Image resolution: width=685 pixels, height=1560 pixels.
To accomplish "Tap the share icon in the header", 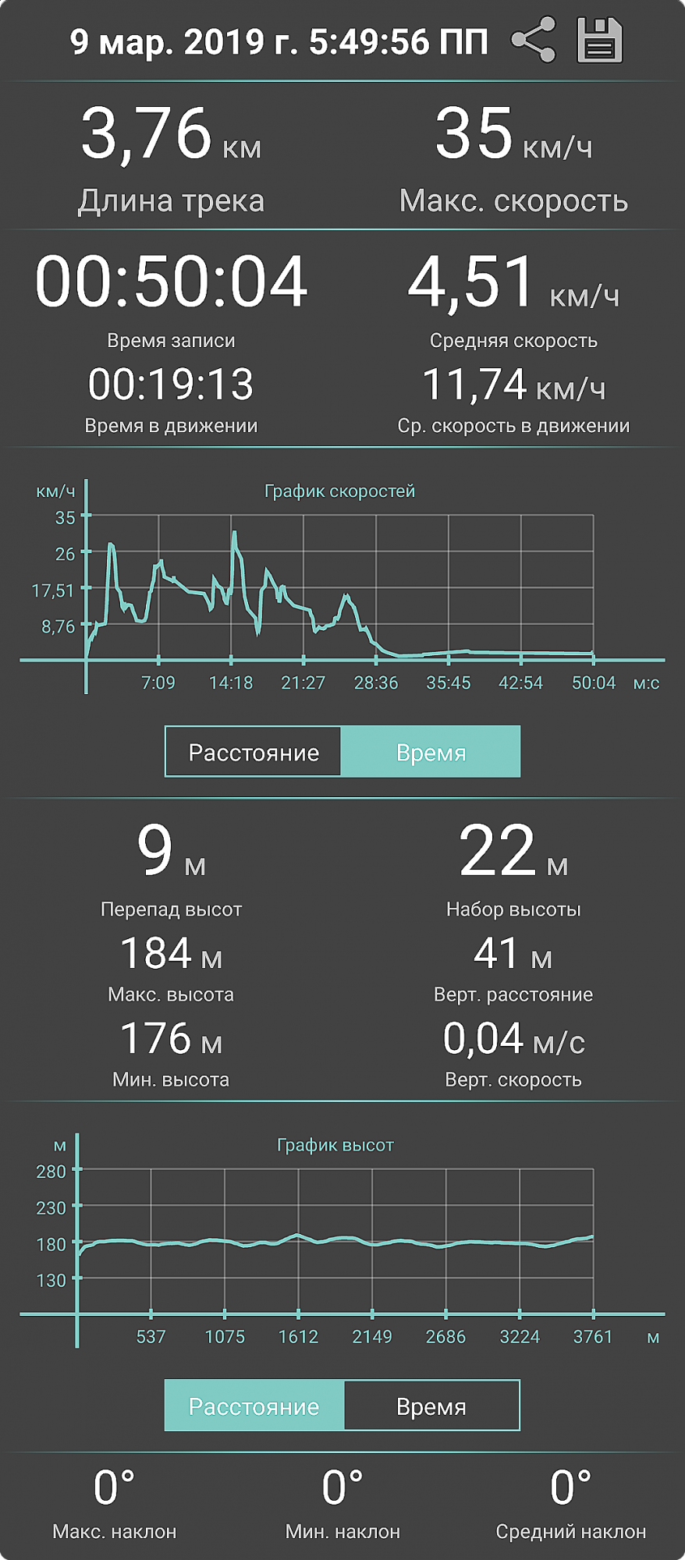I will [x=534, y=40].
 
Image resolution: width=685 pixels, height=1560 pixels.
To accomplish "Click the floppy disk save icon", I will [x=599, y=40].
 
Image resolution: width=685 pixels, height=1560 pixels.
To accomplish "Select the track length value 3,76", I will [x=147, y=133].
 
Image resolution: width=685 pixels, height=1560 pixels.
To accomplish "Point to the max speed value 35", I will [x=474, y=133].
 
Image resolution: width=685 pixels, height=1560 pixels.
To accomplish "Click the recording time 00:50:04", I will [x=171, y=282].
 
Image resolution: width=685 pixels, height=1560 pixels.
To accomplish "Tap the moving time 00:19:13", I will [x=171, y=385].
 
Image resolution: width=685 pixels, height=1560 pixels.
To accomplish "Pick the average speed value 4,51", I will [x=471, y=282].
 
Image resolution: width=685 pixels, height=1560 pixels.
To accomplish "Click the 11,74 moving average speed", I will [x=474, y=385].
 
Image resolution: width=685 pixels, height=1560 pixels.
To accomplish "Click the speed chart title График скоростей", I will [x=339, y=491].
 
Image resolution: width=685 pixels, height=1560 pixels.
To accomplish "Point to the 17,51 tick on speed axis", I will [x=53, y=590].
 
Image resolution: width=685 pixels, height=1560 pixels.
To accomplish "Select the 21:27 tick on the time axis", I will [x=303, y=683].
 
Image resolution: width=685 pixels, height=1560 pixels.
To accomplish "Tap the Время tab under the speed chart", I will [x=431, y=753].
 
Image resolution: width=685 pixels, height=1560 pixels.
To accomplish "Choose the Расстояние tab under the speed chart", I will [x=254, y=753].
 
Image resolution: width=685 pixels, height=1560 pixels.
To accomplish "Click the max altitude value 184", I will [x=156, y=953].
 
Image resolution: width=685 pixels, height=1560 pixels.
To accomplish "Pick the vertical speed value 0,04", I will [x=483, y=1038].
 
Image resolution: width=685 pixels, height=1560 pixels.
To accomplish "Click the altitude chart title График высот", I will [x=335, y=1145].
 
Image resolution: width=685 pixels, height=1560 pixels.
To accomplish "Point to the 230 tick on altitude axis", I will [x=51, y=1208].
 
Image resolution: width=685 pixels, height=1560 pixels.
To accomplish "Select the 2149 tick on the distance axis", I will [x=372, y=1337].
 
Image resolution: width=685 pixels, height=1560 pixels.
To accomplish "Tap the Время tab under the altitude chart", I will [x=431, y=1406].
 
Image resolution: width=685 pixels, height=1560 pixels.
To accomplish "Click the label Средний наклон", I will [x=570, y=1532].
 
